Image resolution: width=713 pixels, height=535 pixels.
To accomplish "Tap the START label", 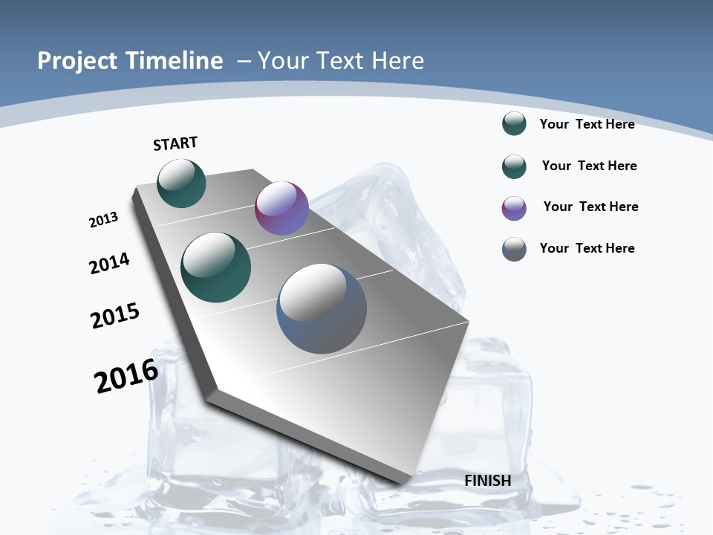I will tap(175, 143).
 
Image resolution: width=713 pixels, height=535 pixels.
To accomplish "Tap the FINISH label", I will tap(487, 481).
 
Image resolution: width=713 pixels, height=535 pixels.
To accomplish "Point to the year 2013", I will tap(103, 220).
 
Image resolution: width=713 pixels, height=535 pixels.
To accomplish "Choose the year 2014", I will tap(109, 264).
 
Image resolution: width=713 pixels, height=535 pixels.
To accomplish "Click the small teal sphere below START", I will tap(181, 183).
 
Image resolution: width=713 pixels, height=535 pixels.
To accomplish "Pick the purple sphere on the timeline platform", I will tap(281, 208).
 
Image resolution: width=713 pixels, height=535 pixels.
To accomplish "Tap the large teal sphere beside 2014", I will tap(216, 267).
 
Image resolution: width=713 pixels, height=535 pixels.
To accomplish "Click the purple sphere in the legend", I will tap(514, 208).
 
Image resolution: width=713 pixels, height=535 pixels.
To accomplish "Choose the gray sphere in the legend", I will tap(514, 249).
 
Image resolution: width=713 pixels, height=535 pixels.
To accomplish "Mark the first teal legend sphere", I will tap(514, 123).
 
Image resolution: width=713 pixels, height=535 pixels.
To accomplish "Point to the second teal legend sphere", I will tap(514, 166).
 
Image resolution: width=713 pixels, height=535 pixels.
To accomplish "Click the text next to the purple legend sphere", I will tap(590, 207).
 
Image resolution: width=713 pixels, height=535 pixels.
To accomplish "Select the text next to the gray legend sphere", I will tap(587, 248).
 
